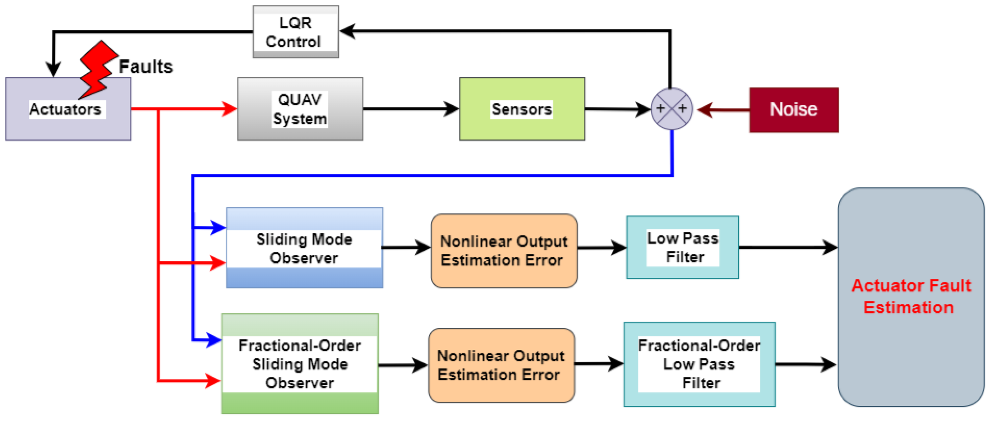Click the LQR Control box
click(295, 32)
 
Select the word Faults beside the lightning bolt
click(146, 66)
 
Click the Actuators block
click(68, 109)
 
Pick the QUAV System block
click(300, 109)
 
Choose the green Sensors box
click(522, 109)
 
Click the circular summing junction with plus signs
click(671, 109)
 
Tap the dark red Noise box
click(793, 110)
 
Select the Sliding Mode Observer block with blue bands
click(304, 248)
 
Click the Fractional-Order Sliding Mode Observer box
click(300, 364)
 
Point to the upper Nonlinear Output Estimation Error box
click(504, 251)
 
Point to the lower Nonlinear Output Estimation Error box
click(501, 365)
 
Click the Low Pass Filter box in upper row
click(682, 247)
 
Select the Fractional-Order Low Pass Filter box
click(699, 364)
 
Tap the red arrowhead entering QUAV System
click(230, 109)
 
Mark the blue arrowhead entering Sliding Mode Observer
click(218, 227)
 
